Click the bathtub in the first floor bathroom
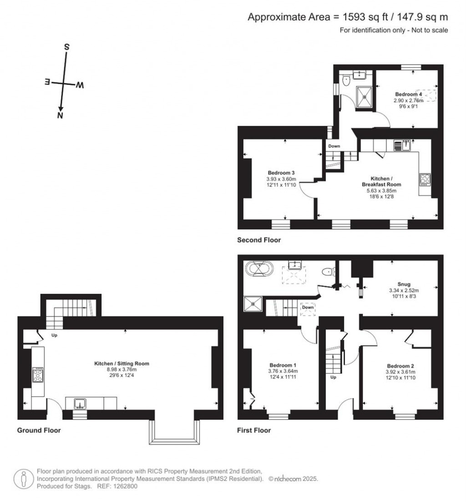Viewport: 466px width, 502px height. tap(258, 269)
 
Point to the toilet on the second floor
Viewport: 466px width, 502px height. tap(345, 81)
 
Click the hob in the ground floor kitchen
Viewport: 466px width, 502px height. tap(38, 375)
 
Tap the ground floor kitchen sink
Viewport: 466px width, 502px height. tap(80, 403)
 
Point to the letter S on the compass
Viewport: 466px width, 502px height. tap(66, 47)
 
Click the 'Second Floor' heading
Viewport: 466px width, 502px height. tap(259, 240)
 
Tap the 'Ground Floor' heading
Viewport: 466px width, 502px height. tap(39, 430)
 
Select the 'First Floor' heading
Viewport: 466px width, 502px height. tap(254, 430)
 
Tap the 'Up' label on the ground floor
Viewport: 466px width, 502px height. tap(54, 336)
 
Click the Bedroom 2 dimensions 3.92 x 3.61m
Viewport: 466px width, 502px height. tap(400, 371)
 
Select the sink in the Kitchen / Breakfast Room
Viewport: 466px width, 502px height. tap(402, 145)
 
